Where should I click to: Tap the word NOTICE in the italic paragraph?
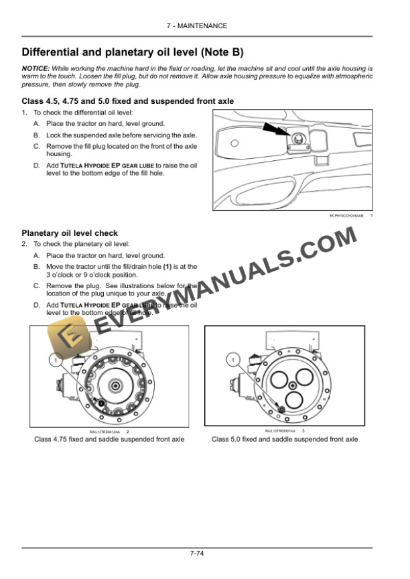click(x=36, y=69)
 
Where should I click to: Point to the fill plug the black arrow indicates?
click(x=295, y=139)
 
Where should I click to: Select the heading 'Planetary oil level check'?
click(x=70, y=233)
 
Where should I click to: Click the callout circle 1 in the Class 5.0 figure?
click(x=232, y=361)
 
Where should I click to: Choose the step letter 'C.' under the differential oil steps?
click(x=36, y=145)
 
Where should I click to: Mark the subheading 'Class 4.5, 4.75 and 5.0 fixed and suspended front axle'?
click(x=128, y=101)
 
